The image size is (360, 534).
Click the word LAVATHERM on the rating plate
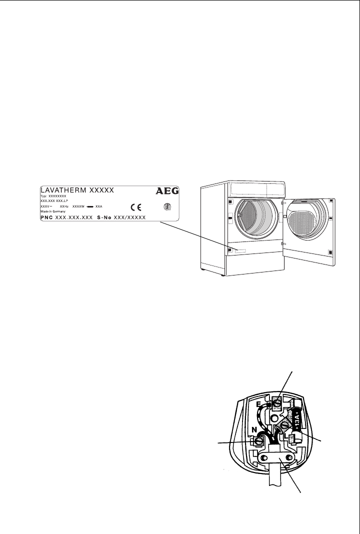pyautogui.click(x=63, y=190)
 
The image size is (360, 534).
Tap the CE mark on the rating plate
pyautogui.click(x=136, y=206)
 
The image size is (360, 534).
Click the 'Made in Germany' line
pyautogui.click(x=52, y=211)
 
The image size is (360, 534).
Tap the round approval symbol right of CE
pyautogui.click(x=167, y=206)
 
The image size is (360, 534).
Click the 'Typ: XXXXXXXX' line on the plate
pyautogui.click(x=53, y=196)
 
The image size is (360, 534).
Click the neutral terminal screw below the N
pyautogui.click(x=259, y=441)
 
